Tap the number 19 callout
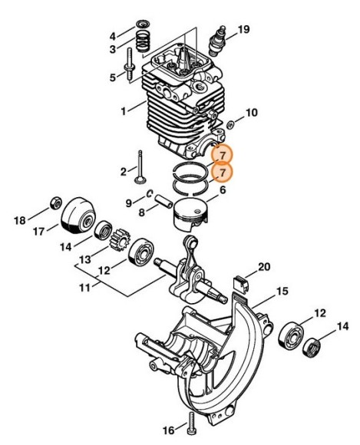243,29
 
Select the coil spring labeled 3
143,41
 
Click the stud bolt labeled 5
130,65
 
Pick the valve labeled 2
140,168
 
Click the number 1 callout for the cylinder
124,111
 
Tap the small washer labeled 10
230,124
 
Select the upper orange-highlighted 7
222,155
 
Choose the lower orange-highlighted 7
222,173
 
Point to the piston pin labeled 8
163,202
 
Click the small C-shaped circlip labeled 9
150,193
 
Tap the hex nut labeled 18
56,203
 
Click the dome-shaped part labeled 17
78,216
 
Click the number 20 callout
264,267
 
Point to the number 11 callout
84,288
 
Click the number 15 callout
282,292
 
